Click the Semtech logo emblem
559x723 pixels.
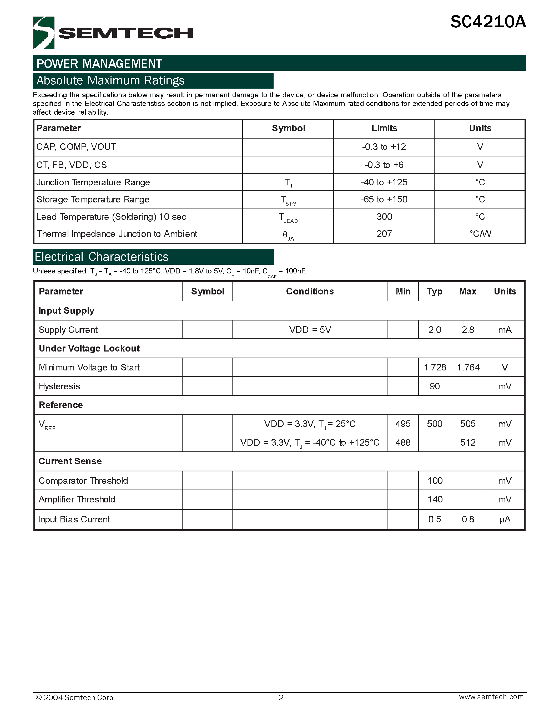tap(44, 33)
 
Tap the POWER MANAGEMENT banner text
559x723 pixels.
tap(99, 64)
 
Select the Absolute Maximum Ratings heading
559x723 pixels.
tap(110, 80)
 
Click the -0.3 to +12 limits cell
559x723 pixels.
tap(384, 147)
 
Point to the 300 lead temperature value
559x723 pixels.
tap(384, 217)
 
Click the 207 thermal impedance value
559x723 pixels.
tap(384, 234)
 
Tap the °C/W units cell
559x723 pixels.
tap(480, 234)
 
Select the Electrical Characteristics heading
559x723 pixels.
tap(102, 257)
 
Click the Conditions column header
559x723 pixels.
tap(310, 291)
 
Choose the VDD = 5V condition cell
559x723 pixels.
tap(310, 330)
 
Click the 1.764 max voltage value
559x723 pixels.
tap(468, 368)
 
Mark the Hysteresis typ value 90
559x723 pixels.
tap(435, 386)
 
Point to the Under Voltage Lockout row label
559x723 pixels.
tap(89, 349)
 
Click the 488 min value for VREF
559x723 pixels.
tap(403, 442)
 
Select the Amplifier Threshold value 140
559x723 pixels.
tap(435, 500)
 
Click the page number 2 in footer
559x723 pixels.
tap(281, 698)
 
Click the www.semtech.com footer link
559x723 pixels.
tap(491, 697)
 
